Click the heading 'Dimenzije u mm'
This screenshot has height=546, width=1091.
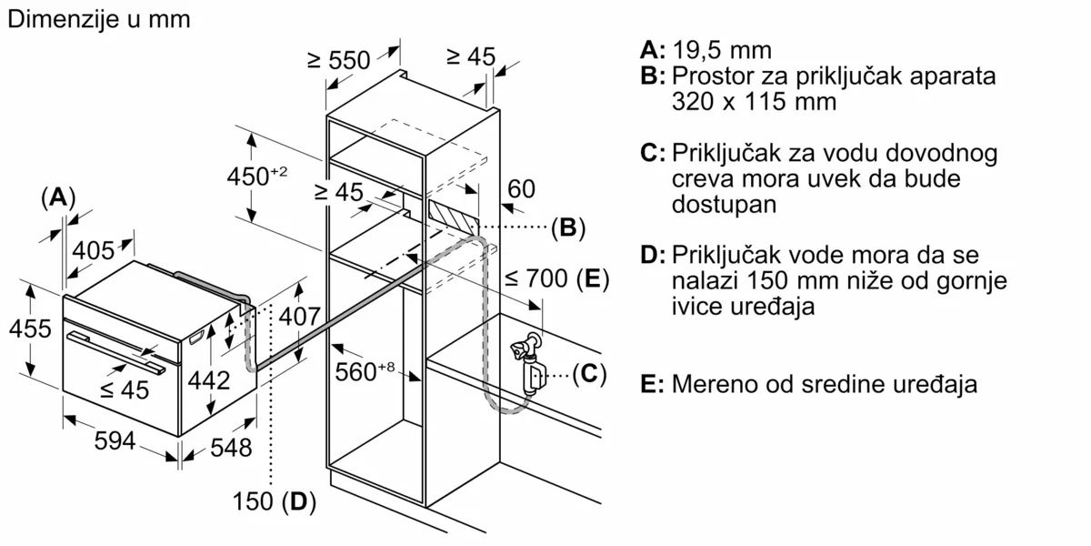(98, 20)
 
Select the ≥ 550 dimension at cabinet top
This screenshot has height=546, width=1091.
(338, 60)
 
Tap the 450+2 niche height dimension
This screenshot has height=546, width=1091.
(256, 176)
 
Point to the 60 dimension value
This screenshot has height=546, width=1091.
(521, 189)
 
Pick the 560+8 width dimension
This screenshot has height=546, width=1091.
(366, 371)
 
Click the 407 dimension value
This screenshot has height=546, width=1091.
(300, 318)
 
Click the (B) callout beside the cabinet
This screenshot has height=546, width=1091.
(568, 227)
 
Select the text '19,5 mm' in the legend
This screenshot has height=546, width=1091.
(723, 50)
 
